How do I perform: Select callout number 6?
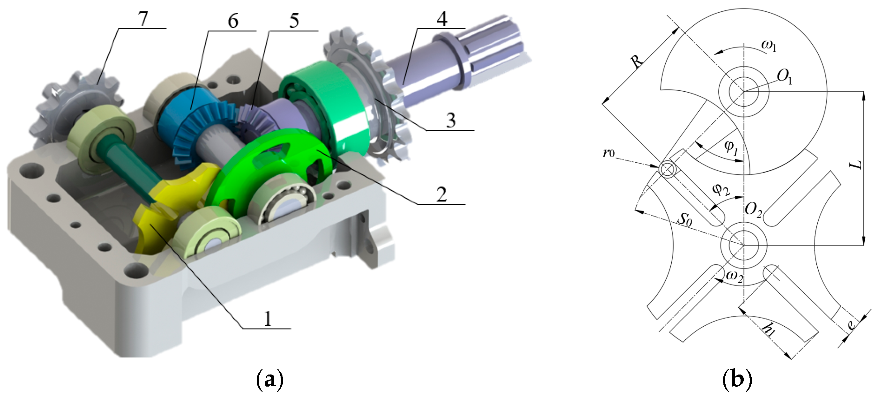pyautogui.click(x=233, y=22)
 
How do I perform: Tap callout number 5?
pyautogui.click(x=294, y=20)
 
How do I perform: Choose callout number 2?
pyautogui.click(x=442, y=194)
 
